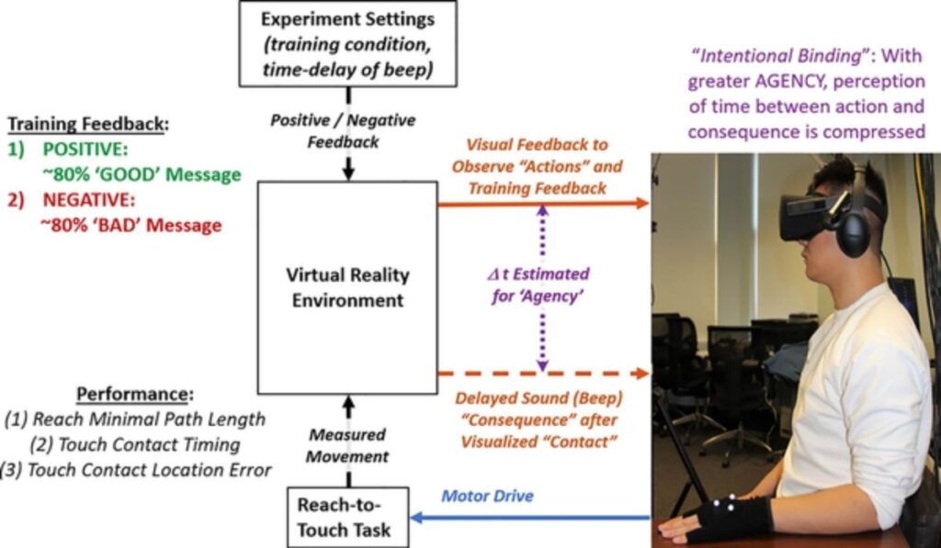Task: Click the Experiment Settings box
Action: [x=347, y=43]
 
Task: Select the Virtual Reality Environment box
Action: [x=347, y=287]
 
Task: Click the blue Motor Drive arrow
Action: [x=533, y=519]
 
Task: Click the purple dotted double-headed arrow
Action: [x=543, y=287]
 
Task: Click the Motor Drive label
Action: [x=487, y=497]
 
